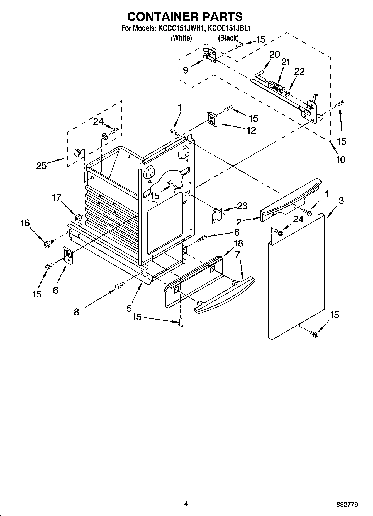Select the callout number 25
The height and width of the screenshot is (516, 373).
[41, 165]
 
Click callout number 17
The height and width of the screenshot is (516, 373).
[57, 198]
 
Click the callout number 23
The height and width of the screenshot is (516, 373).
[242, 206]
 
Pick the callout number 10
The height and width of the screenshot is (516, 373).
[340, 160]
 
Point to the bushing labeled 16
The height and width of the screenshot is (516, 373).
[47, 244]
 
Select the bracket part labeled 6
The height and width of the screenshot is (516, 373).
[67, 255]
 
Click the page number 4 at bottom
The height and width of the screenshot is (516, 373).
[186, 504]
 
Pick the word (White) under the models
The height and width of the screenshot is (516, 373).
[181, 38]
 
